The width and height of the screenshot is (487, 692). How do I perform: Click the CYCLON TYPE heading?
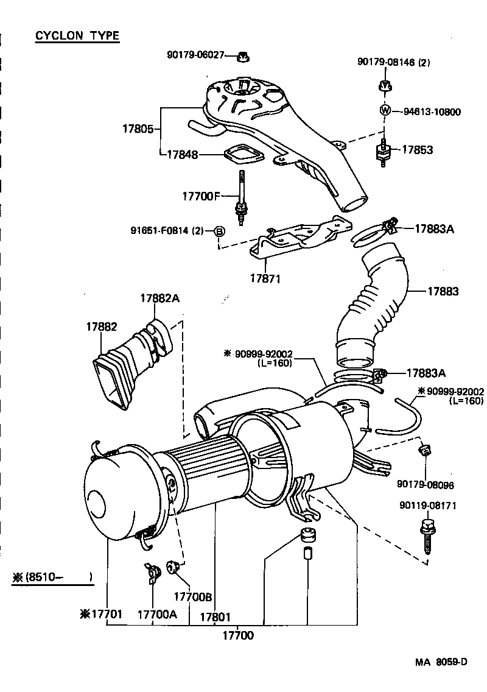(77, 36)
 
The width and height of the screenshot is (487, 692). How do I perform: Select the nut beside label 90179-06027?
(243, 57)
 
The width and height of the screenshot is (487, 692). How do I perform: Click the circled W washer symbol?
(385, 111)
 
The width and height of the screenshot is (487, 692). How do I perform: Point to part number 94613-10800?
(432, 112)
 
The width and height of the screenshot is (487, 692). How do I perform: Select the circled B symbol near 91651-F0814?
(220, 231)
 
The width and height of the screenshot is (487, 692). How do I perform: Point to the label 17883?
(442, 292)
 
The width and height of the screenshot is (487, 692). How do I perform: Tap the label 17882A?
(159, 298)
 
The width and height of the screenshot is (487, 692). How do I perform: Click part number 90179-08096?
(426, 485)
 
